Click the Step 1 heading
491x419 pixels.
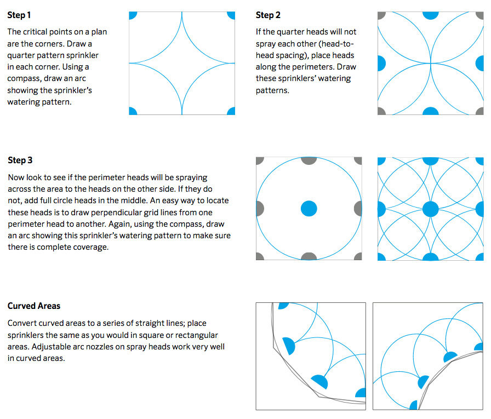click(x=19, y=15)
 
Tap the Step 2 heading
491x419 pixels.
click(x=268, y=15)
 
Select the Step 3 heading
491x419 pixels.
click(x=20, y=160)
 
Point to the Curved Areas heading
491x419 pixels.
click(x=34, y=306)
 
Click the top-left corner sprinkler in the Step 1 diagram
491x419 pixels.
click(x=132, y=15)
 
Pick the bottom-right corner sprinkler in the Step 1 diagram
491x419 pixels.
click(x=231, y=111)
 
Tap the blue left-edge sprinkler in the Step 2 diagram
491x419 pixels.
click(x=381, y=63)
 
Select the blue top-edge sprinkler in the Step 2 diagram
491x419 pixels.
click(x=431, y=15)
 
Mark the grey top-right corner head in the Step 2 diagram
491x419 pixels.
click(x=480, y=15)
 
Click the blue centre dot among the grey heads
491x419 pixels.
click(x=309, y=209)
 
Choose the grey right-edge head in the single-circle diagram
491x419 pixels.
click(x=358, y=209)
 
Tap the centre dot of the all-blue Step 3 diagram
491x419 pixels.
click(x=431, y=209)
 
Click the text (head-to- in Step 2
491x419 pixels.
click(x=336, y=44)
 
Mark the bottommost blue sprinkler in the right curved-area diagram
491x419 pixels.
click(x=414, y=405)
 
